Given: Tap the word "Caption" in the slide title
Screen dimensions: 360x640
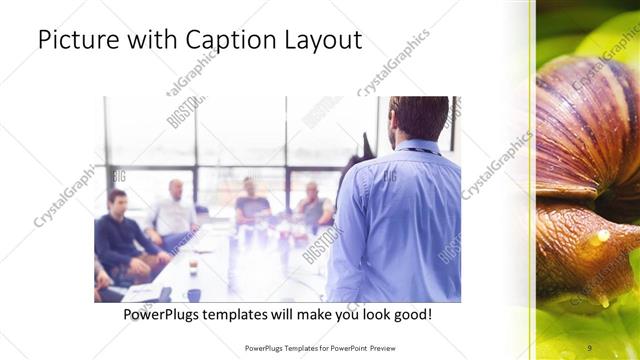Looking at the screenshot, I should pos(224,41).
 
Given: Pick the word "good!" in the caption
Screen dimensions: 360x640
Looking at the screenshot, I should pos(413,314).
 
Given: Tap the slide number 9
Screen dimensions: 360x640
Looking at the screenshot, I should pos(589,348).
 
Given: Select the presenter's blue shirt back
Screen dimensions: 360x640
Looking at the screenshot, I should pos(395,220).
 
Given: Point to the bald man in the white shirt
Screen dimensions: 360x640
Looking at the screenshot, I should pos(174,209).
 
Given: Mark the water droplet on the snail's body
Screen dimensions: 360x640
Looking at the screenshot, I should pos(600,238).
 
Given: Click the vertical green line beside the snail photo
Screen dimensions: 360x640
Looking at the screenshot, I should pos(532,180).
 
